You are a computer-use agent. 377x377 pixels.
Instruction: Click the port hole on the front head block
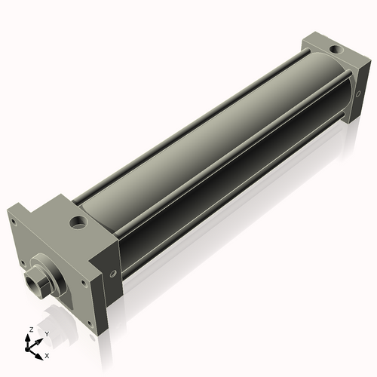click(78, 223)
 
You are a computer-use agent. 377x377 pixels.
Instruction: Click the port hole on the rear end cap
click(336, 49)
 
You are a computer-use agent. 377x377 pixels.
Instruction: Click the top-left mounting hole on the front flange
click(14, 222)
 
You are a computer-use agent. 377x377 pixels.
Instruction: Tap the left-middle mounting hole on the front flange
click(23, 263)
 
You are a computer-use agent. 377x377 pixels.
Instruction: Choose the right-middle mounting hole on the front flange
click(83, 284)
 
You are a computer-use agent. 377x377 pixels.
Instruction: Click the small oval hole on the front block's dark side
click(113, 274)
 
